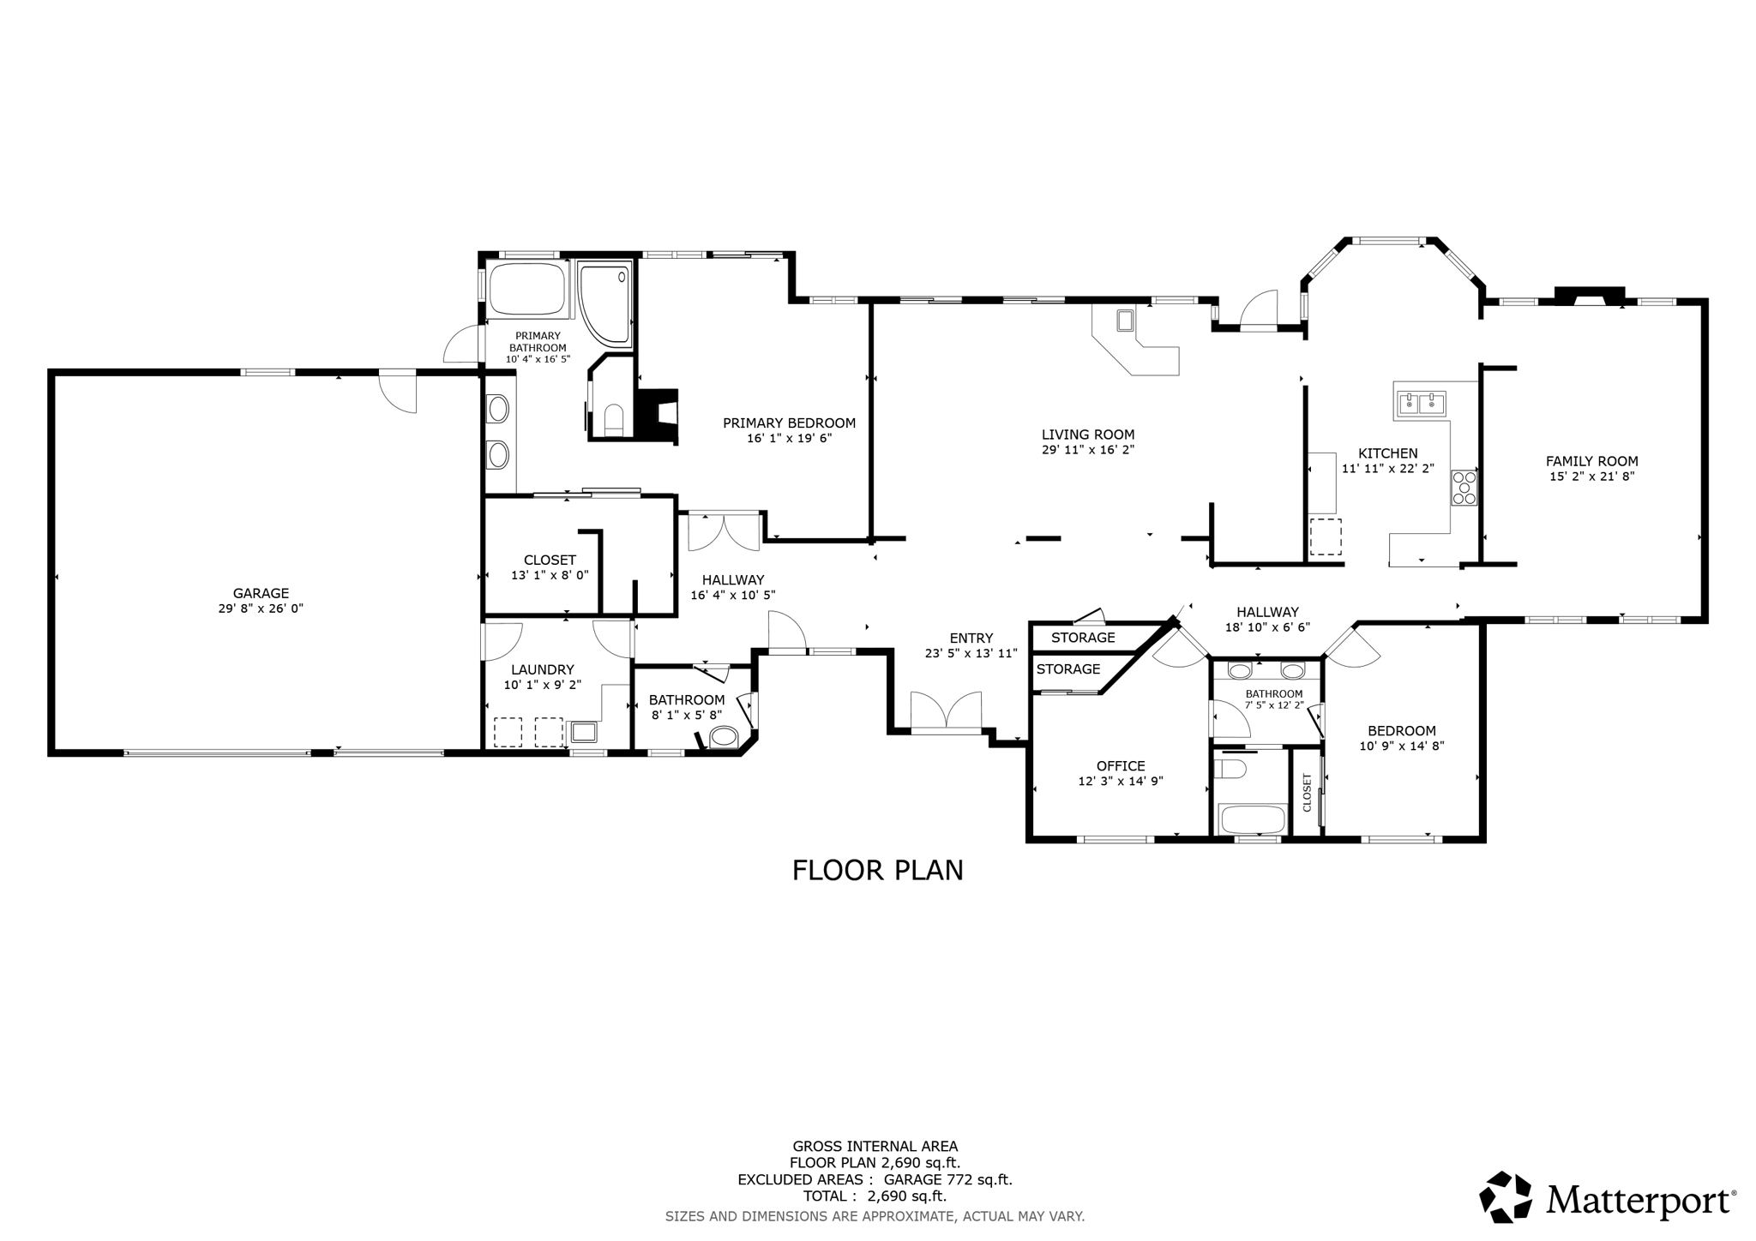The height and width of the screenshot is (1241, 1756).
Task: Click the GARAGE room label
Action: click(261, 593)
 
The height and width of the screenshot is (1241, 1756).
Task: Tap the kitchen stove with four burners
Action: click(1464, 487)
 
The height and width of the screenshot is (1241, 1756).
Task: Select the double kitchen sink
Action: click(1422, 403)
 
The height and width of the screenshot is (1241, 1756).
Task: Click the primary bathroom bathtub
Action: click(526, 290)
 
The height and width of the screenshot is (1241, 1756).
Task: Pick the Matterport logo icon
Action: click(1506, 1196)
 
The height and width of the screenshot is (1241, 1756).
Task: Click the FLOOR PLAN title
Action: click(877, 871)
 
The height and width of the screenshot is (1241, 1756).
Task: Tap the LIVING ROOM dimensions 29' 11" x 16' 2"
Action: click(1088, 449)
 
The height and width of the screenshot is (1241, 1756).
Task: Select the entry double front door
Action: click(946, 712)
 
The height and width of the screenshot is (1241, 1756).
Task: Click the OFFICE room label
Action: click(1121, 766)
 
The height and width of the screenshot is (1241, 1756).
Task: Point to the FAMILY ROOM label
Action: click(1591, 461)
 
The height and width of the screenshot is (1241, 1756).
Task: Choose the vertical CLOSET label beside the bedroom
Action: click(1308, 793)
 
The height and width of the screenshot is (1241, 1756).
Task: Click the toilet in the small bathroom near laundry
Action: click(725, 736)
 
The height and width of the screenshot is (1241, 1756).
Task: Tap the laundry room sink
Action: click(584, 732)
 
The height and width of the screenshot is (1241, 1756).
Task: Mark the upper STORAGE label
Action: click(1083, 638)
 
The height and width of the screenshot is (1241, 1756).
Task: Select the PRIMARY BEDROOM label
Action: click(789, 423)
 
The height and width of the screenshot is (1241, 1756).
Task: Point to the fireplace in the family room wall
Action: click(1590, 296)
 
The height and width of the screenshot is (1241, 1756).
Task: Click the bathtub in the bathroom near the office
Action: click(1253, 819)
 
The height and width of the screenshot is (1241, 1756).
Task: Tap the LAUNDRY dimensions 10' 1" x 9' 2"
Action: click(542, 685)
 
